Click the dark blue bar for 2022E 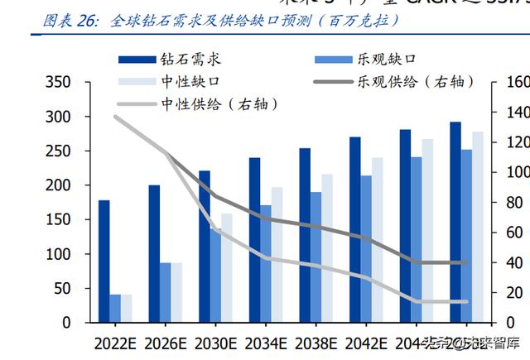104,261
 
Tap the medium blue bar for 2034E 266,263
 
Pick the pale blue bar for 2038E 327,247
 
